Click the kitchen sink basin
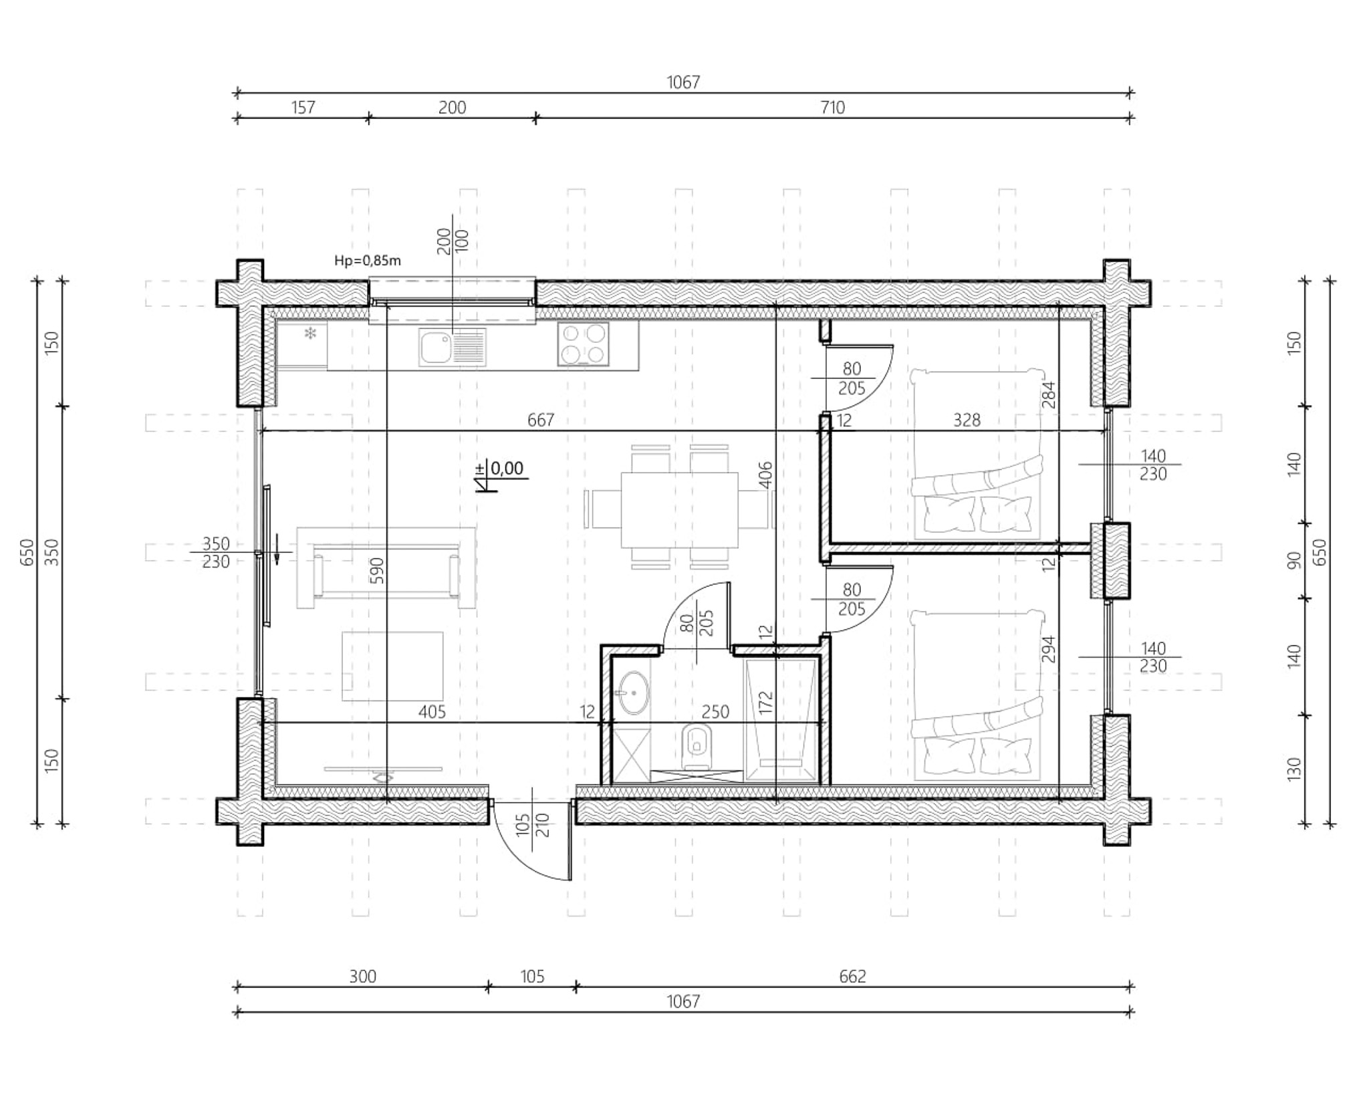tap(435, 347)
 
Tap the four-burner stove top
tap(584, 344)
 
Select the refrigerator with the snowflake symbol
tap(301, 345)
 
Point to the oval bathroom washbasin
tap(632, 693)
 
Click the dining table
tap(679, 509)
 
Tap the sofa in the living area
tap(386, 568)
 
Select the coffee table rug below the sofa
tap(392, 666)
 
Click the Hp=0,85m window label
tap(368, 261)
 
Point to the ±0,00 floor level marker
tap(501, 472)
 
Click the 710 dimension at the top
tap(832, 107)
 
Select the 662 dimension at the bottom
tap(852, 977)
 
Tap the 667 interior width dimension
tap(541, 420)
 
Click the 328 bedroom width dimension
tap(967, 420)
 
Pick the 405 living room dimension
tap(432, 712)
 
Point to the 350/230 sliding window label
tap(216, 553)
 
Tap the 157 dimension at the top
tap(303, 107)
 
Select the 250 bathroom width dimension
tap(715, 712)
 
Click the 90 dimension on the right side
tap(1294, 561)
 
